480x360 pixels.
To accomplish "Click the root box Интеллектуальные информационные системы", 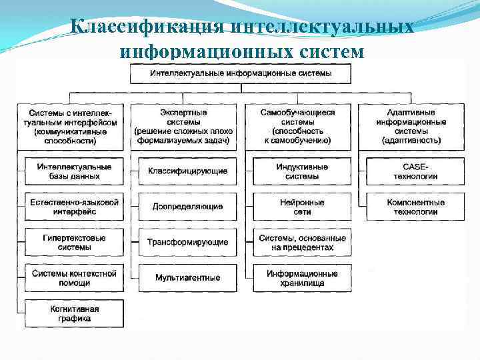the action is [240, 73].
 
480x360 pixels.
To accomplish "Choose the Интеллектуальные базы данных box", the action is [74, 171].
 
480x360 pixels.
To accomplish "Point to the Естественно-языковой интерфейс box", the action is [74, 207].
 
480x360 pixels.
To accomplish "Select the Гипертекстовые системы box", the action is [74, 242].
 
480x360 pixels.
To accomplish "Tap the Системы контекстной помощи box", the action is [74, 277].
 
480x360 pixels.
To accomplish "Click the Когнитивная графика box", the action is [74, 313].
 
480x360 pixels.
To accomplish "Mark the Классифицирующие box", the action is [188, 171].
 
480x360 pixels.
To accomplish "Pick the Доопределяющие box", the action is [188, 207].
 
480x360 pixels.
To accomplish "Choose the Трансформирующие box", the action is [188, 242].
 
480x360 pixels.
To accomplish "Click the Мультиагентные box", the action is [188, 277].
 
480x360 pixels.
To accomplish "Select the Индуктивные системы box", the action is [302, 171].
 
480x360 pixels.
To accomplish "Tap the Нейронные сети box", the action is [302, 207].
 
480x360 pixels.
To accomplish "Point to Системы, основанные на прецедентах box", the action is [302, 242].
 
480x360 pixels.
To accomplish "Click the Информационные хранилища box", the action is [302, 277].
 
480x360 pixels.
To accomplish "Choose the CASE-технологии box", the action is [415, 171].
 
